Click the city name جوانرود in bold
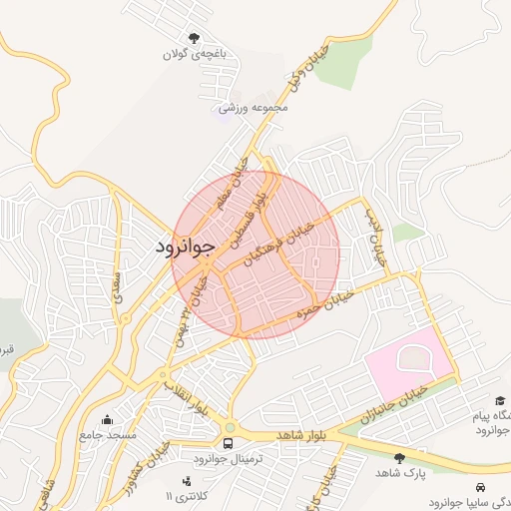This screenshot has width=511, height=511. (x=186, y=247)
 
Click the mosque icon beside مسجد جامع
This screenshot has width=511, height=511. (x=108, y=419)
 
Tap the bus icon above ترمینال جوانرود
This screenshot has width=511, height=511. (x=229, y=442)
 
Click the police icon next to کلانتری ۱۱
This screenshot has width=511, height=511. (x=185, y=482)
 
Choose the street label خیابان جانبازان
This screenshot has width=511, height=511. (x=400, y=399)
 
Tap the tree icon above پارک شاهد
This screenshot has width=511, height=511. (x=400, y=457)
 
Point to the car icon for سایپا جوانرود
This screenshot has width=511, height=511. (x=483, y=487)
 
